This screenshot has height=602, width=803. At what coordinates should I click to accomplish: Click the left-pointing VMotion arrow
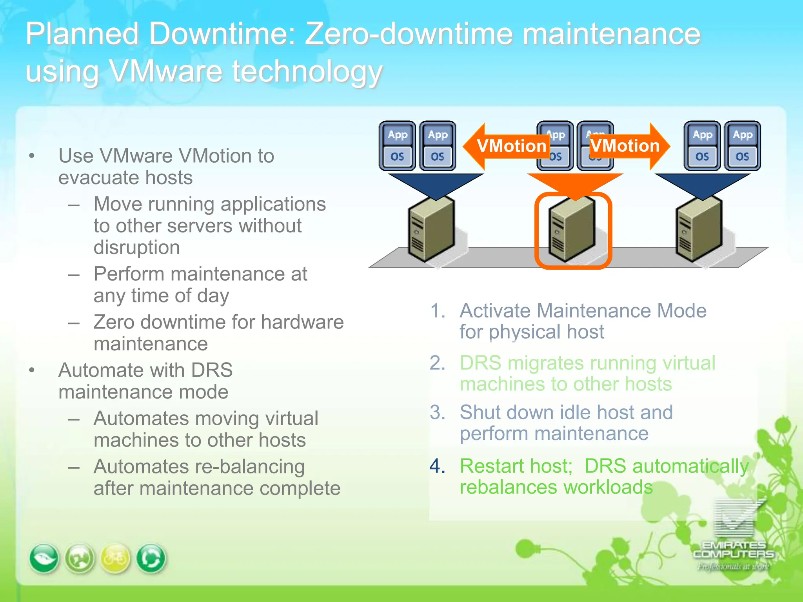506,146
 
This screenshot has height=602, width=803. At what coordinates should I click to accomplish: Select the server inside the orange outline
572,229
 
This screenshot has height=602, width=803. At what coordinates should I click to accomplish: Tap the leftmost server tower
431,229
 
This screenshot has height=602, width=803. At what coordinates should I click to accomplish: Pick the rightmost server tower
699,229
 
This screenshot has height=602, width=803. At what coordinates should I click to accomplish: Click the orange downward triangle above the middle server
575,184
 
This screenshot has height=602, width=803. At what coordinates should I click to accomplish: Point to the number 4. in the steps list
437,466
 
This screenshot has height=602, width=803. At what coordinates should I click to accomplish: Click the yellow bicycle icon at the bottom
115,558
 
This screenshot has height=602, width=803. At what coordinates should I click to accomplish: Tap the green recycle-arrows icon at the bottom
151,558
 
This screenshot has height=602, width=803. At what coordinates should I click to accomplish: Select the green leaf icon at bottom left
44,558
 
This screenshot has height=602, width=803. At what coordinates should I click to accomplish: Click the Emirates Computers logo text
734,549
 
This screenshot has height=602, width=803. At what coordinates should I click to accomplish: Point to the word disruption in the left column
137,248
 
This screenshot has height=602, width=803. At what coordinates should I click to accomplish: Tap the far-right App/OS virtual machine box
742,146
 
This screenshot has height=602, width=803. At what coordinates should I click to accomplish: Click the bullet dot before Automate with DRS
32,370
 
